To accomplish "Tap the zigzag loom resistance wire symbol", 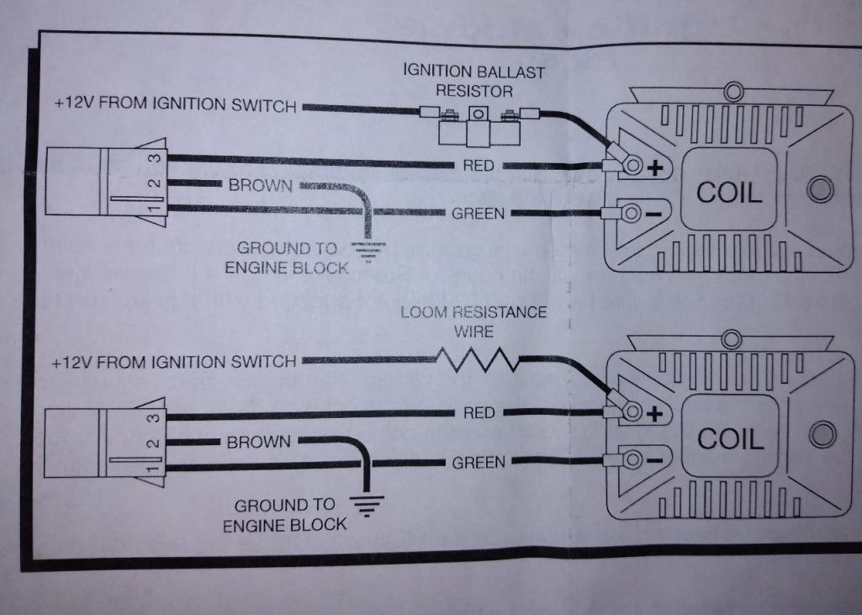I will click(x=477, y=362).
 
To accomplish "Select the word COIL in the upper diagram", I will click(x=729, y=193).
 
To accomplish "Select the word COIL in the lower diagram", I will click(x=729, y=438).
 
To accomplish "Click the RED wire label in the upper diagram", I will click(x=479, y=167).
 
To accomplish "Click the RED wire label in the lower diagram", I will click(x=479, y=413).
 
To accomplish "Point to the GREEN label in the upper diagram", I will click(x=478, y=214).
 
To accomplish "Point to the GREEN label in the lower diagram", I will click(x=478, y=463).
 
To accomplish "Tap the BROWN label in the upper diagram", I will click(x=259, y=185).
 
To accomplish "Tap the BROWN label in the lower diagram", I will click(x=258, y=442).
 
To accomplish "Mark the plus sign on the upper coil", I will click(x=655, y=167).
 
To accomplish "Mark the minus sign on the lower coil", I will click(x=655, y=460).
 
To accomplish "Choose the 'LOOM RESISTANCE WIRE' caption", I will click(x=473, y=321).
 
